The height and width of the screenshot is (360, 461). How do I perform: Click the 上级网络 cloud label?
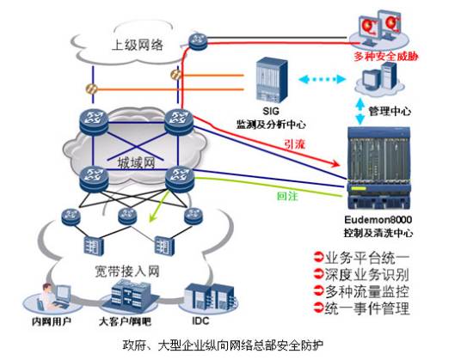pos(138,46)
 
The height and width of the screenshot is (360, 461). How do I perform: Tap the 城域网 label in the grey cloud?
pos(136,163)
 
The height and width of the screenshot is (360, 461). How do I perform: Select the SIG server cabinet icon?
pos(272,81)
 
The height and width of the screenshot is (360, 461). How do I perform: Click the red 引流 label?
pos(294,143)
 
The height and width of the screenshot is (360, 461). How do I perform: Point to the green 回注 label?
pos(287,196)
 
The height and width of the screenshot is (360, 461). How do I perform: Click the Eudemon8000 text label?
pos(378,220)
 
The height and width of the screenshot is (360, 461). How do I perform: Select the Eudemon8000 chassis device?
pos(378,168)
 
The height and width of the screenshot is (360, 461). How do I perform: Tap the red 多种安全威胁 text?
pos(386,56)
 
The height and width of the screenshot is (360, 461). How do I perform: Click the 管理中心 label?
pos(390,111)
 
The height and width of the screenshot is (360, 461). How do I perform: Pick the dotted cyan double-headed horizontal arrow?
pos(322,79)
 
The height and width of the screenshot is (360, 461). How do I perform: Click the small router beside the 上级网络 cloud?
pos(198,41)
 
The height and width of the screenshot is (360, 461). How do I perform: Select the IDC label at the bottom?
pos(200,320)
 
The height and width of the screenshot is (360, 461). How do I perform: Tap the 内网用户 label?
pos(52,321)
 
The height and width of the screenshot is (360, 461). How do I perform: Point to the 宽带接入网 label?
pos(127,272)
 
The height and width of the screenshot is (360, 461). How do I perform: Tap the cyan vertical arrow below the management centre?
pos(360,111)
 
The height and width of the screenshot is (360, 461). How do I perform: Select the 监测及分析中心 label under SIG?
pos(271,125)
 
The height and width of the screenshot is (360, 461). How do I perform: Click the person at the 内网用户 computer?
pos(46,296)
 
